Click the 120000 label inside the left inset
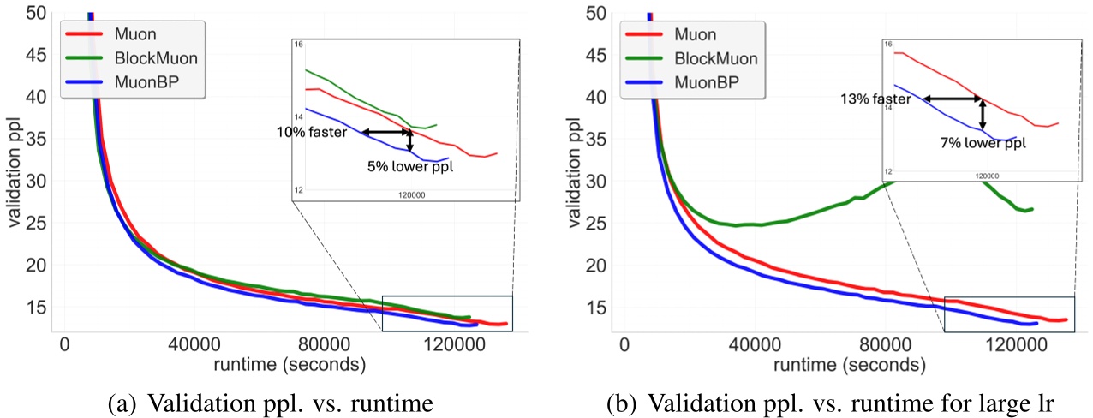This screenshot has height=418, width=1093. [412, 194]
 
